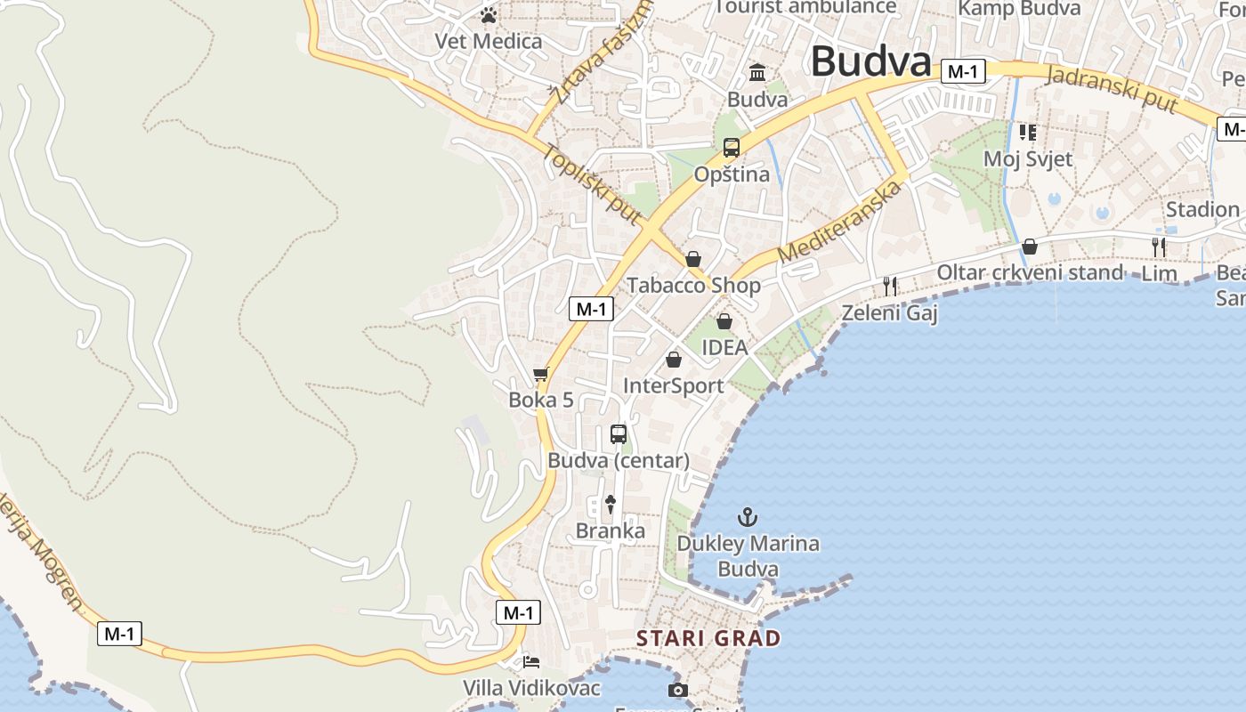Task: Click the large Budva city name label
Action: tap(870, 62)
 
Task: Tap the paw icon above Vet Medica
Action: tap(488, 14)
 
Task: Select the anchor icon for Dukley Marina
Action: tap(748, 516)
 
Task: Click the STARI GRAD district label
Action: tap(708, 638)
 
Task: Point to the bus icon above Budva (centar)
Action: tap(619, 434)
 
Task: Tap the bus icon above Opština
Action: tap(732, 148)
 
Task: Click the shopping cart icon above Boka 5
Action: tap(540, 375)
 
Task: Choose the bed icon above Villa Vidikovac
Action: tap(531, 662)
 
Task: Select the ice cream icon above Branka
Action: tap(610, 505)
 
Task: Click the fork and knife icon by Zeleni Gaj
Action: tap(889, 286)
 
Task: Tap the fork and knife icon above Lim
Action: tap(1159, 247)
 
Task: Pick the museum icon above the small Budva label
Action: tap(757, 72)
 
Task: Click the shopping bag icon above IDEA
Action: tap(724, 321)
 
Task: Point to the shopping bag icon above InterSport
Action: tap(674, 360)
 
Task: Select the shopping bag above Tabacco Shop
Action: tap(693, 259)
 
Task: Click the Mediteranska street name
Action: tap(839, 222)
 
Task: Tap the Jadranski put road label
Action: tap(1112, 90)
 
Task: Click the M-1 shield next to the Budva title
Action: tap(962, 71)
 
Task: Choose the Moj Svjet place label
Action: tap(1028, 159)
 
